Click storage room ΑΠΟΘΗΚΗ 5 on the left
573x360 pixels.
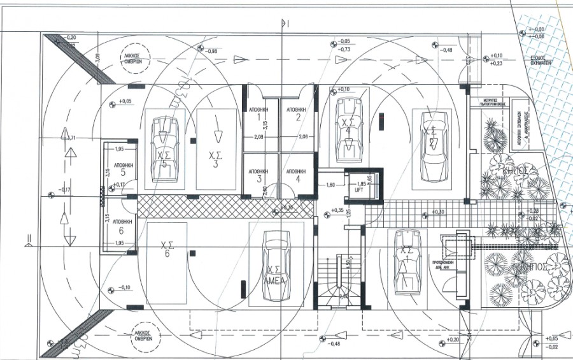point(118,168)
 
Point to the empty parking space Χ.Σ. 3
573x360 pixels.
point(217,149)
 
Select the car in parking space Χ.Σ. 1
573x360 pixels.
point(404,261)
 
